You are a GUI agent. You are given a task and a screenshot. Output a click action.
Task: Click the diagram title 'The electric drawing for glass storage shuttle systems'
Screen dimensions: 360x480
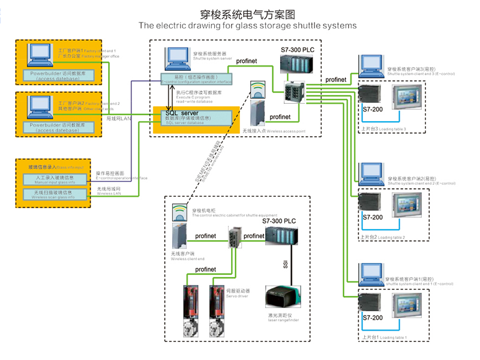(x=247, y=26)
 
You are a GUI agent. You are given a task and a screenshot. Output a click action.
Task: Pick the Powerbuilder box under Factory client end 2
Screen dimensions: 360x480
(x=58, y=127)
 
